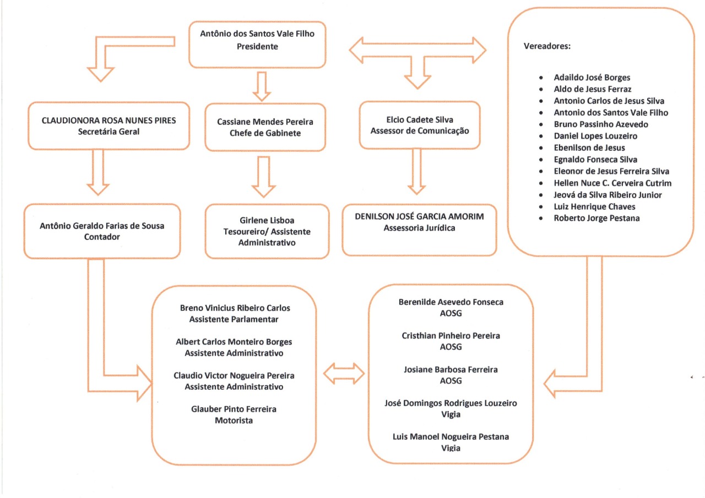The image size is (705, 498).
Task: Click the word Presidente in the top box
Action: (x=257, y=47)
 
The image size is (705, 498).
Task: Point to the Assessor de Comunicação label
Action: (x=419, y=130)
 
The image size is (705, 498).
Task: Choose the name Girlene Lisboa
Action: (x=267, y=220)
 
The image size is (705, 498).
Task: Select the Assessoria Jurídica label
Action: (x=419, y=228)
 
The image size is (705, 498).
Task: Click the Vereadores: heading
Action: (x=547, y=46)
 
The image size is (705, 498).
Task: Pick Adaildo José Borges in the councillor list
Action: (x=592, y=78)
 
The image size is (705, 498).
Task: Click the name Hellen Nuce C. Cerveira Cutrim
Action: (x=612, y=183)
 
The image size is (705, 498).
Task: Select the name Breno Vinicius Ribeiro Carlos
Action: (x=235, y=308)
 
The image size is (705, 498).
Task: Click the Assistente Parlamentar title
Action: (x=234, y=319)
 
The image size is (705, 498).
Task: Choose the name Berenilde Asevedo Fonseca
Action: (x=451, y=302)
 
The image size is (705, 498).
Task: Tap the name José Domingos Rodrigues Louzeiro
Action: (x=451, y=403)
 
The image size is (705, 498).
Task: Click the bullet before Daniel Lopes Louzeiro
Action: (x=542, y=136)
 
